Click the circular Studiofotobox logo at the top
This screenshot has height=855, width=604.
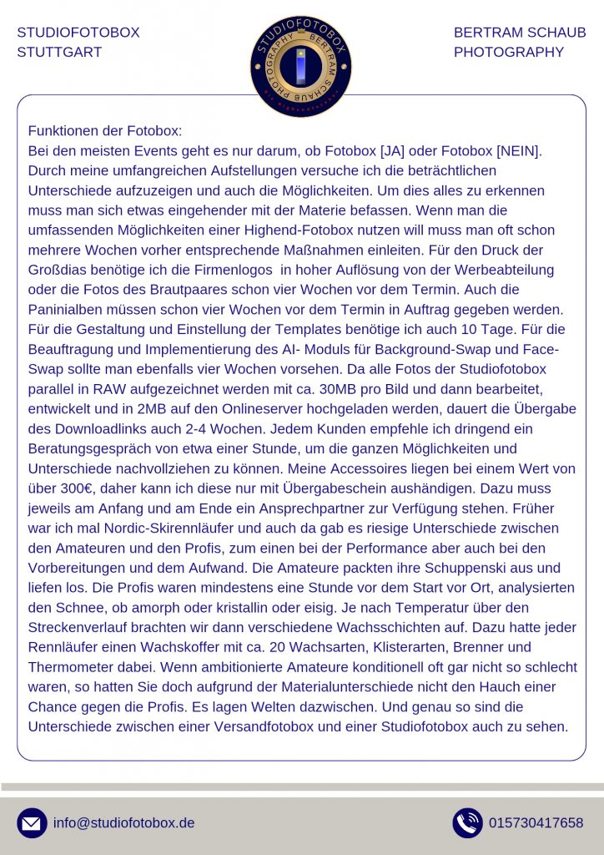(x=301, y=66)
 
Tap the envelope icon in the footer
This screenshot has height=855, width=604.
(x=32, y=822)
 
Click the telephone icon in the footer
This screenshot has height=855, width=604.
(x=467, y=822)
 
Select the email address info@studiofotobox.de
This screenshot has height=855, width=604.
(x=123, y=822)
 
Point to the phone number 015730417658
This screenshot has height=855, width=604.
(x=536, y=822)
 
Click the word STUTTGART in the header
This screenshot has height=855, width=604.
(x=59, y=52)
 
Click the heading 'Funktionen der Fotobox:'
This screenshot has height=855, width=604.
(x=105, y=131)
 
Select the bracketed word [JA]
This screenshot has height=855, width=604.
(x=392, y=151)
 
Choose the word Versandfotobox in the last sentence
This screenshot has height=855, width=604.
(x=267, y=726)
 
